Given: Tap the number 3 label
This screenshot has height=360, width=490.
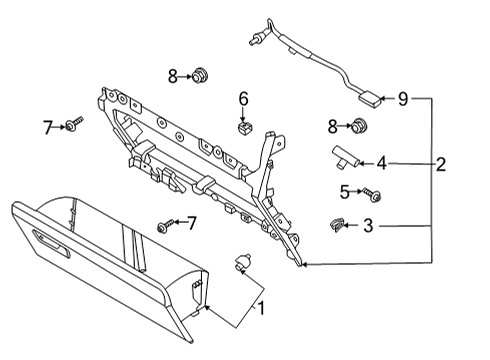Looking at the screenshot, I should (368, 226).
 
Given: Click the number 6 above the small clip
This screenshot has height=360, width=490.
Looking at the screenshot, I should (242, 99).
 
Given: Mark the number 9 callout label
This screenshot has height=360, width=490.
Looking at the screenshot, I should (403, 98).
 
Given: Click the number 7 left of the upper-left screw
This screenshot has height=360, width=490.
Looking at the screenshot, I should (46, 127).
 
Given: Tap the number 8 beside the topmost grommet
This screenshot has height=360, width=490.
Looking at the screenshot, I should (172, 75).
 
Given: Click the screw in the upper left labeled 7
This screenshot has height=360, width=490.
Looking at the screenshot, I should (74, 124).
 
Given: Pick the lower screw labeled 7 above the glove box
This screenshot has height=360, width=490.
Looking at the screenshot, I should (163, 226).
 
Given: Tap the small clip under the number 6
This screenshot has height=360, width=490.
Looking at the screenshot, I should (242, 127).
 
